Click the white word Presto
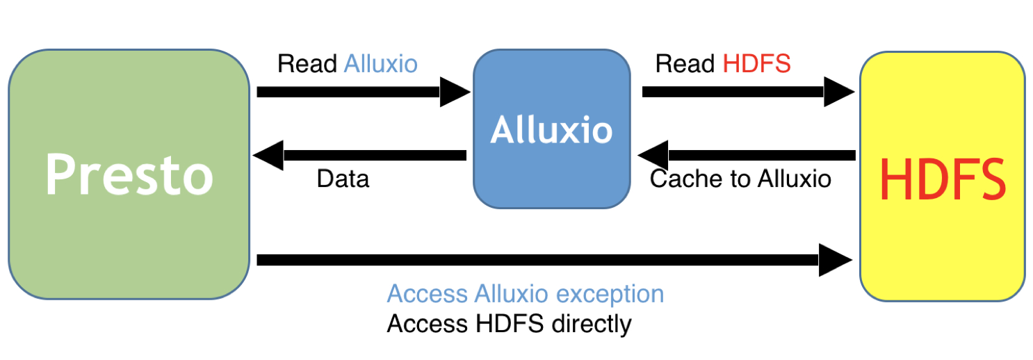(129, 175)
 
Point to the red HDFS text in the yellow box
(942, 179)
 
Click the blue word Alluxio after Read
(380, 65)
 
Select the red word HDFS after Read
(756, 65)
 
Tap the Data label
(343, 179)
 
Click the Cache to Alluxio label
(740, 179)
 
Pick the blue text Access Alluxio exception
(525, 293)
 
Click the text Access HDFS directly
(509, 324)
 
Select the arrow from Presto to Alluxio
(361, 92)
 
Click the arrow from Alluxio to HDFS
(747, 92)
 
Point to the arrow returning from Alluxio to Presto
(361, 155)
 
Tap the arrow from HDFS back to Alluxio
(747, 155)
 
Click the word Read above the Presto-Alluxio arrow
(307, 65)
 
